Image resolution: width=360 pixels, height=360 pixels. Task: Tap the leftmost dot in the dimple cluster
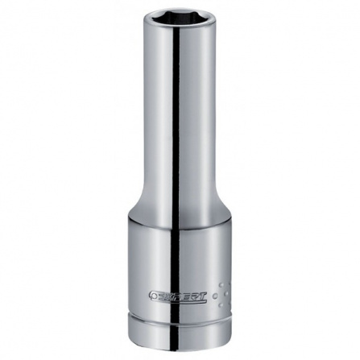216,296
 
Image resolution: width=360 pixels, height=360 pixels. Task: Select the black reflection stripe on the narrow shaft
175,121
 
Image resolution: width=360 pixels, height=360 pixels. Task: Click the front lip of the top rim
180,30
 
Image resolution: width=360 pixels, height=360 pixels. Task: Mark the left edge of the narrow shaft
146,121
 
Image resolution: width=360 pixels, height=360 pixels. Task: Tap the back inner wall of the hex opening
180,14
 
